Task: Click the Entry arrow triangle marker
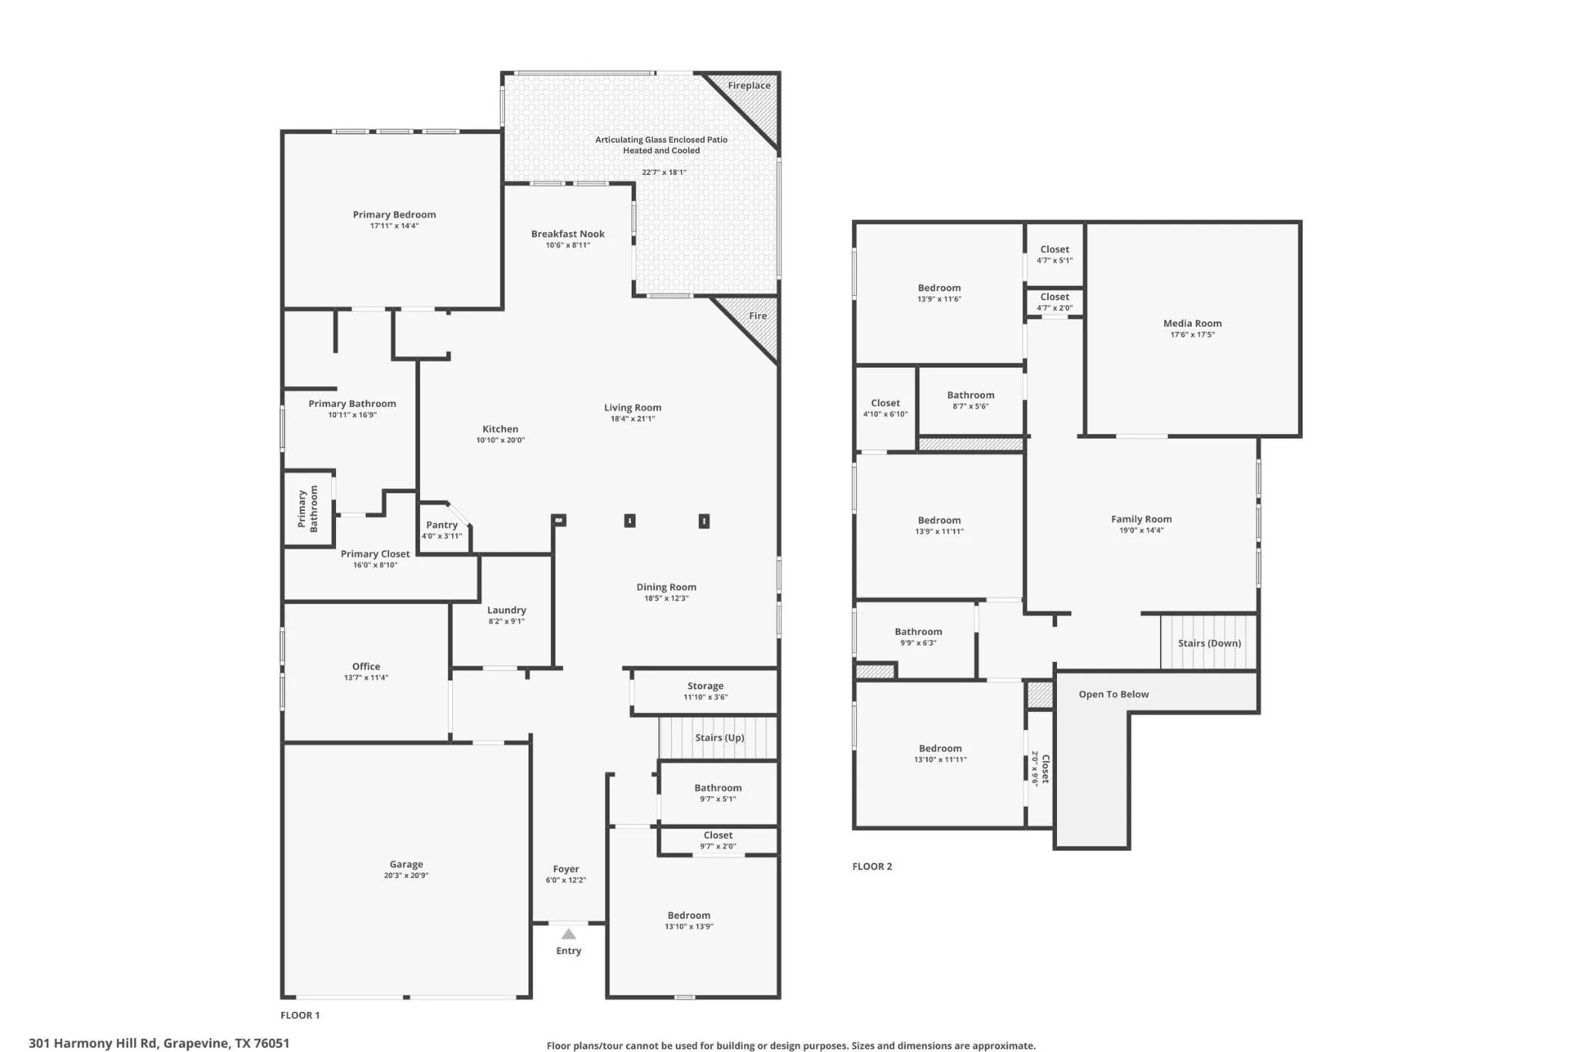[569, 934]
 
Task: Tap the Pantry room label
[441, 525]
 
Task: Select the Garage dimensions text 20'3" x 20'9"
[406, 876]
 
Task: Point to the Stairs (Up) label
[720, 738]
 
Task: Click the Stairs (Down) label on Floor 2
[1209, 644]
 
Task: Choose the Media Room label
[1192, 324]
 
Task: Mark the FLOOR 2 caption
[872, 866]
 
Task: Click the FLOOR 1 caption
[300, 1015]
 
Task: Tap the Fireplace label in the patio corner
[749, 86]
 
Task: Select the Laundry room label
[506, 610]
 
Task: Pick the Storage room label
[705, 686]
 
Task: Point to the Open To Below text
[1113, 694]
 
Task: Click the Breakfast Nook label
[568, 234]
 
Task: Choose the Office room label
[366, 667]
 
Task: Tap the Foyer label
[565, 869]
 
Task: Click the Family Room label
[1141, 519]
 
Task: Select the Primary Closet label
[375, 554]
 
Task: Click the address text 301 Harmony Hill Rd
[94, 1044]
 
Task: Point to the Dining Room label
[666, 587]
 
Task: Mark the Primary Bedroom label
[394, 215]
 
